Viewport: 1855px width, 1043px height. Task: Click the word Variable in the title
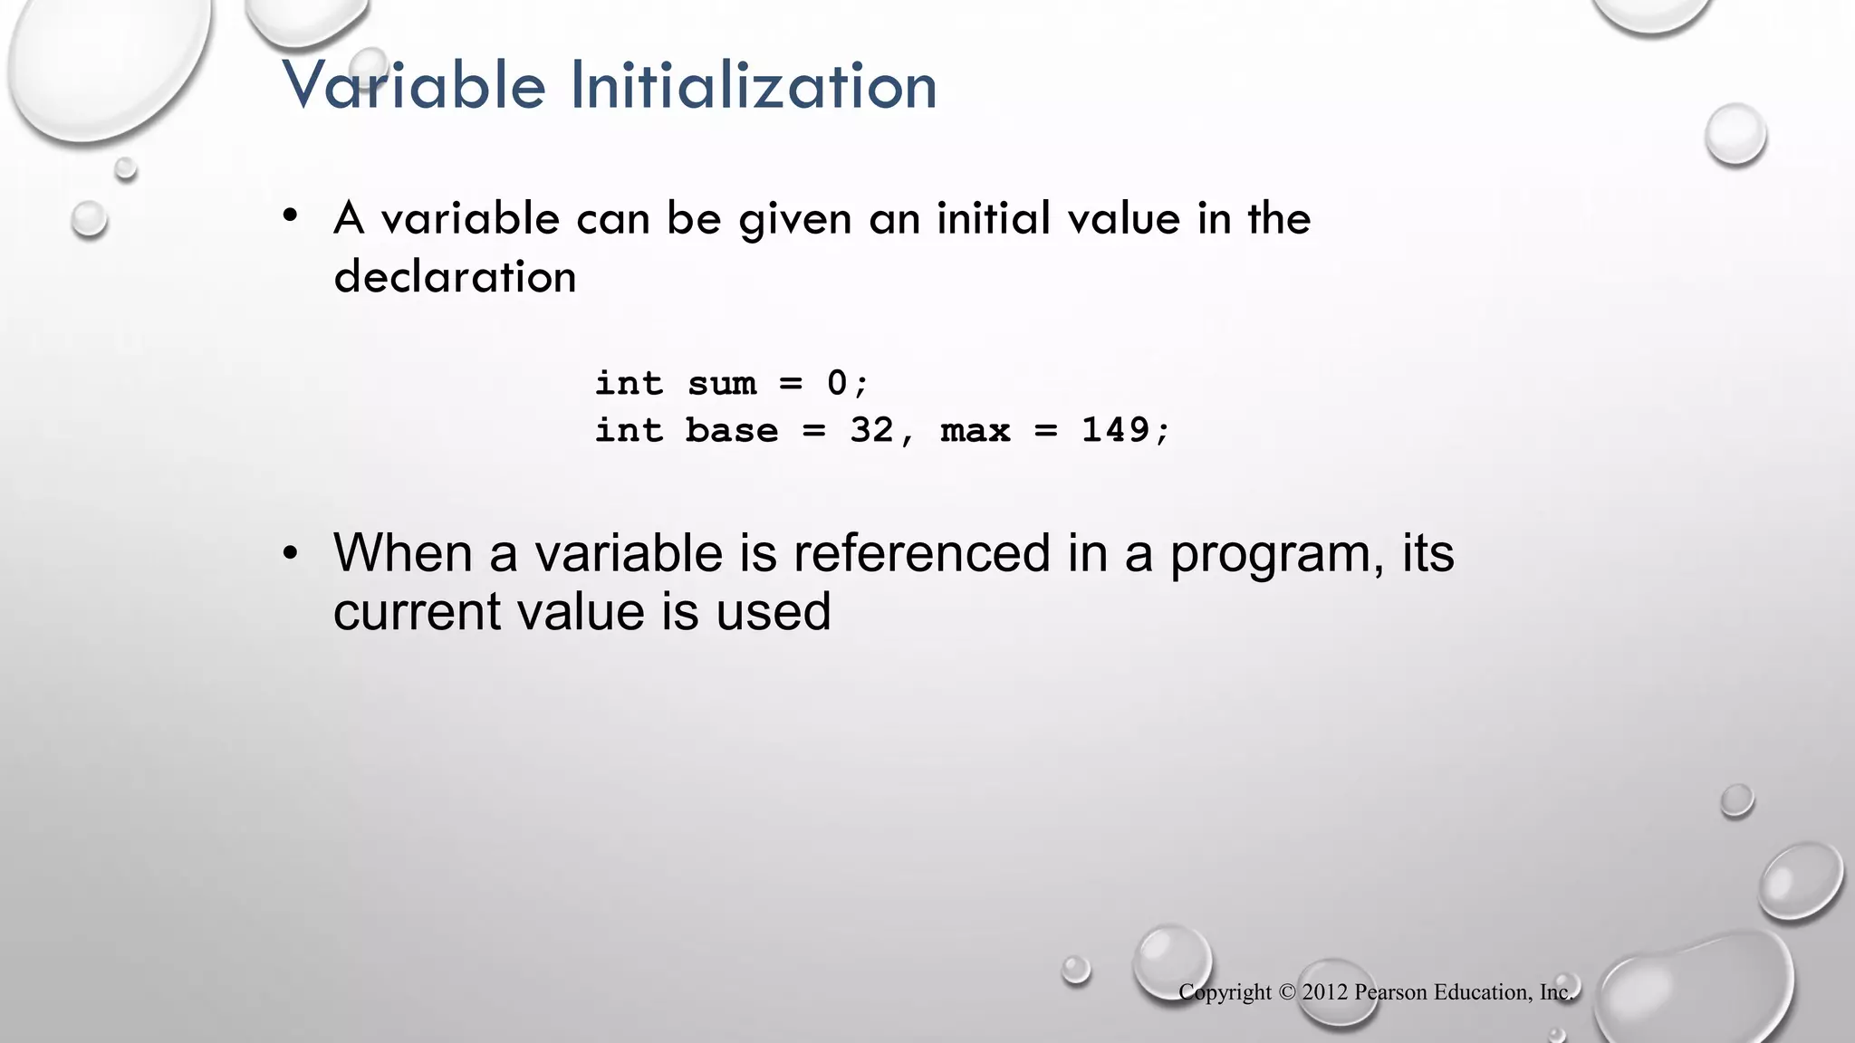(x=414, y=85)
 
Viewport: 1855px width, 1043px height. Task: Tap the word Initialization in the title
(x=754, y=85)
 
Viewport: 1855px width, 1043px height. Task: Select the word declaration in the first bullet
(x=455, y=276)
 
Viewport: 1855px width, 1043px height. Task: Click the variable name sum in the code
(x=722, y=383)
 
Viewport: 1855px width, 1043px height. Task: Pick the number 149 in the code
(x=1115, y=429)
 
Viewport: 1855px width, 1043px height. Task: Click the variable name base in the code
(x=732, y=429)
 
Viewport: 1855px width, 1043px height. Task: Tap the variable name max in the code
(x=976, y=429)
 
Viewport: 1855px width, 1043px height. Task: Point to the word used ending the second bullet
(x=774, y=611)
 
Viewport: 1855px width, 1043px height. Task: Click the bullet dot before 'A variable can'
(x=290, y=216)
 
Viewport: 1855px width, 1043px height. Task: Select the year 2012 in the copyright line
(x=1325, y=992)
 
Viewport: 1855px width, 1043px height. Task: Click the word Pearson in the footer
(x=1390, y=992)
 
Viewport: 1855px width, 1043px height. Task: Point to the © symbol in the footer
(x=1287, y=992)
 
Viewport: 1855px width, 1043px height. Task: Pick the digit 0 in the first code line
(x=837, y=383)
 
